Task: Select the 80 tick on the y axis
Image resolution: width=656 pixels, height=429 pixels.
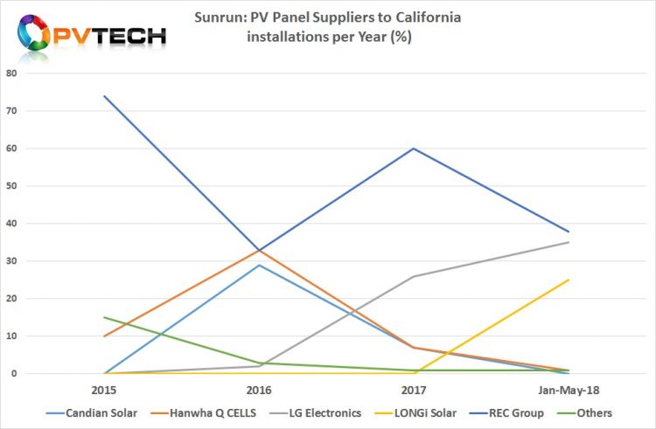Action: pyautogui.click(x=11, y=73)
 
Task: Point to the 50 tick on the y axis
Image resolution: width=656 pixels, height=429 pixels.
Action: pyautogui.click(x=11, y=186)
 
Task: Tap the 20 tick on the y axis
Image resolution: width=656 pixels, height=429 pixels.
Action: pyautogui.click(x=11, y=299)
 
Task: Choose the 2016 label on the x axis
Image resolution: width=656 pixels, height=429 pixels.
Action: pyautogui.click(x=258, y=390)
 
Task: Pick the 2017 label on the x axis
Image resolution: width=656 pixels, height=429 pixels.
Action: pyautogui.click(x=413, y=390)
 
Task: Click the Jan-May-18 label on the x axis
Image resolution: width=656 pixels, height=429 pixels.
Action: pyautogui.click(x=568, y=390)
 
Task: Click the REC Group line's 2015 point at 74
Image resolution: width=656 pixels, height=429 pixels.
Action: pyautogui.click(x=104, y=96)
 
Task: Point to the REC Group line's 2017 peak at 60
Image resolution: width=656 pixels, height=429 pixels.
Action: pyautogui.click(x=413, y=149)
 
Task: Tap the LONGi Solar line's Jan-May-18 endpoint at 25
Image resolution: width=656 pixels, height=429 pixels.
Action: pyautogui.click(x=569, y=280)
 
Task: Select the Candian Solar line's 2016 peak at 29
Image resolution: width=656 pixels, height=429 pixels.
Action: pyautogui.click(x=258, y=265)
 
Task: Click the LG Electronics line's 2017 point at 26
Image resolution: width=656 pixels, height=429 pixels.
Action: pyautogui.click(x=413, y=276)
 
